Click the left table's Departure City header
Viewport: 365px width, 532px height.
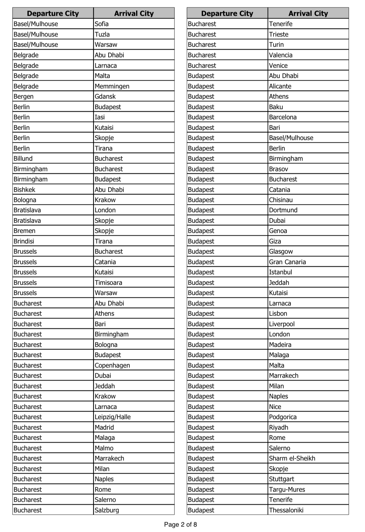point(53,13)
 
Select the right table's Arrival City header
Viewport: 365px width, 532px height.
point(308,13)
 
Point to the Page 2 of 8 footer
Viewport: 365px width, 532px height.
point(180,524)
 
